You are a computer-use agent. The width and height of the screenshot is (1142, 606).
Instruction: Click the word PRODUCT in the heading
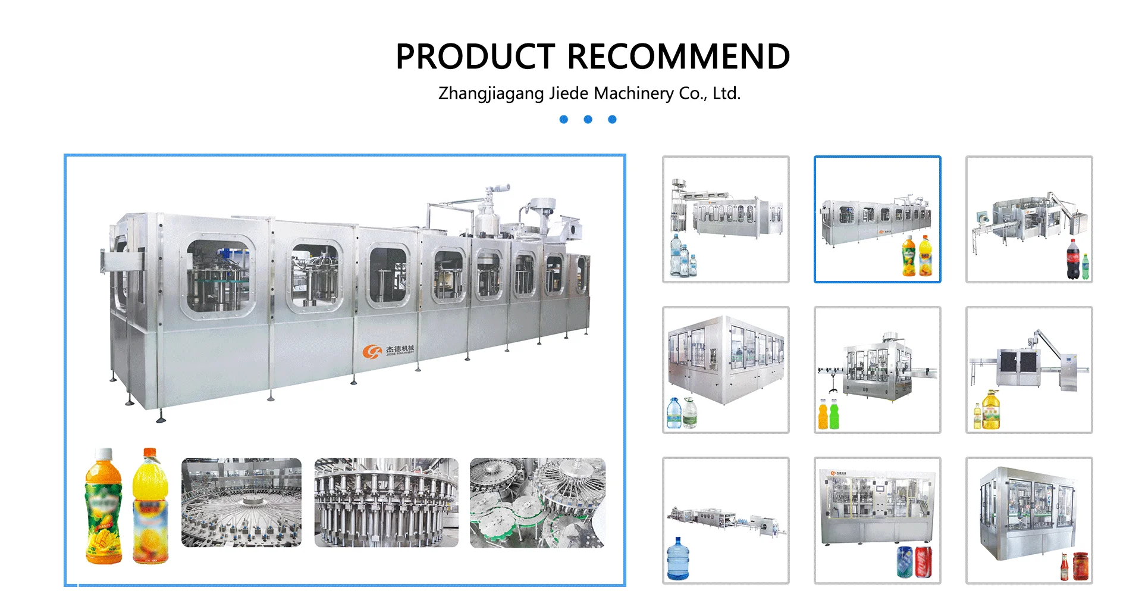coord(475,57)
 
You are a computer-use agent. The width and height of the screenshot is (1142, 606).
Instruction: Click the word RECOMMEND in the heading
coord(679,57)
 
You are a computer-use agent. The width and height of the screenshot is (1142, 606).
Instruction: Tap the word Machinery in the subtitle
coord(633,93)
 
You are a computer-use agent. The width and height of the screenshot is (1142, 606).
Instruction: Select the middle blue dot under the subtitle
coord(588,120)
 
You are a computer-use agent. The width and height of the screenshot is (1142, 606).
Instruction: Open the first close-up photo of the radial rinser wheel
coord(241,502)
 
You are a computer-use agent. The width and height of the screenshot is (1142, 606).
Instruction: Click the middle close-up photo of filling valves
coord(386,502)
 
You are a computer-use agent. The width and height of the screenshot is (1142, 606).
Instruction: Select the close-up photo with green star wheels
coord(538,502)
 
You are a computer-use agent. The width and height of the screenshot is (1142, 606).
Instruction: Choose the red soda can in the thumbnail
coord(924,562)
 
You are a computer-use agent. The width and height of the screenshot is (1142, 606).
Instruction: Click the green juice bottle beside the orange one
coord(834,414)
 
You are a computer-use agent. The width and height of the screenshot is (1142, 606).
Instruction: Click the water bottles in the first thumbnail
coord(682,257)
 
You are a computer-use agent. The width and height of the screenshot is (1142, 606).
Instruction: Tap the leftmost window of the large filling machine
coord(218,276)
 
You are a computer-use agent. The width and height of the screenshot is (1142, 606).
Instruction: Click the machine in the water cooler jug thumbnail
coord(726,519)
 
